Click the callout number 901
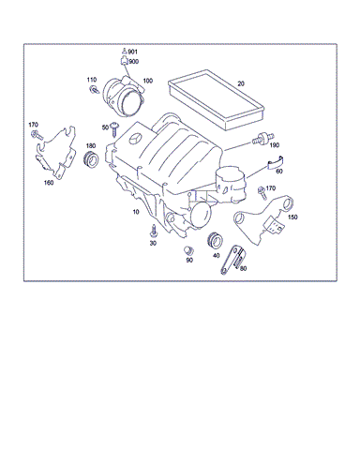132,52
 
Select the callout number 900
134,62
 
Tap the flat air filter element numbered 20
217,99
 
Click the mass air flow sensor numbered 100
123,96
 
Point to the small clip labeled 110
94,90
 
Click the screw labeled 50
114,129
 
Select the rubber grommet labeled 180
91,159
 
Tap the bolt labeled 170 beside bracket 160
37,135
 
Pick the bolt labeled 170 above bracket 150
262,193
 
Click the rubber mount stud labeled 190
263,139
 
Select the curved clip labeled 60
275,163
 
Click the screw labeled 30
153,231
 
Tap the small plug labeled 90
188,251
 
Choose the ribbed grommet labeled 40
215,241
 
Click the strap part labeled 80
232,260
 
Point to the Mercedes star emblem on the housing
135,139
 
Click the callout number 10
136,212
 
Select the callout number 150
292,217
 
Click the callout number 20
241,83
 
